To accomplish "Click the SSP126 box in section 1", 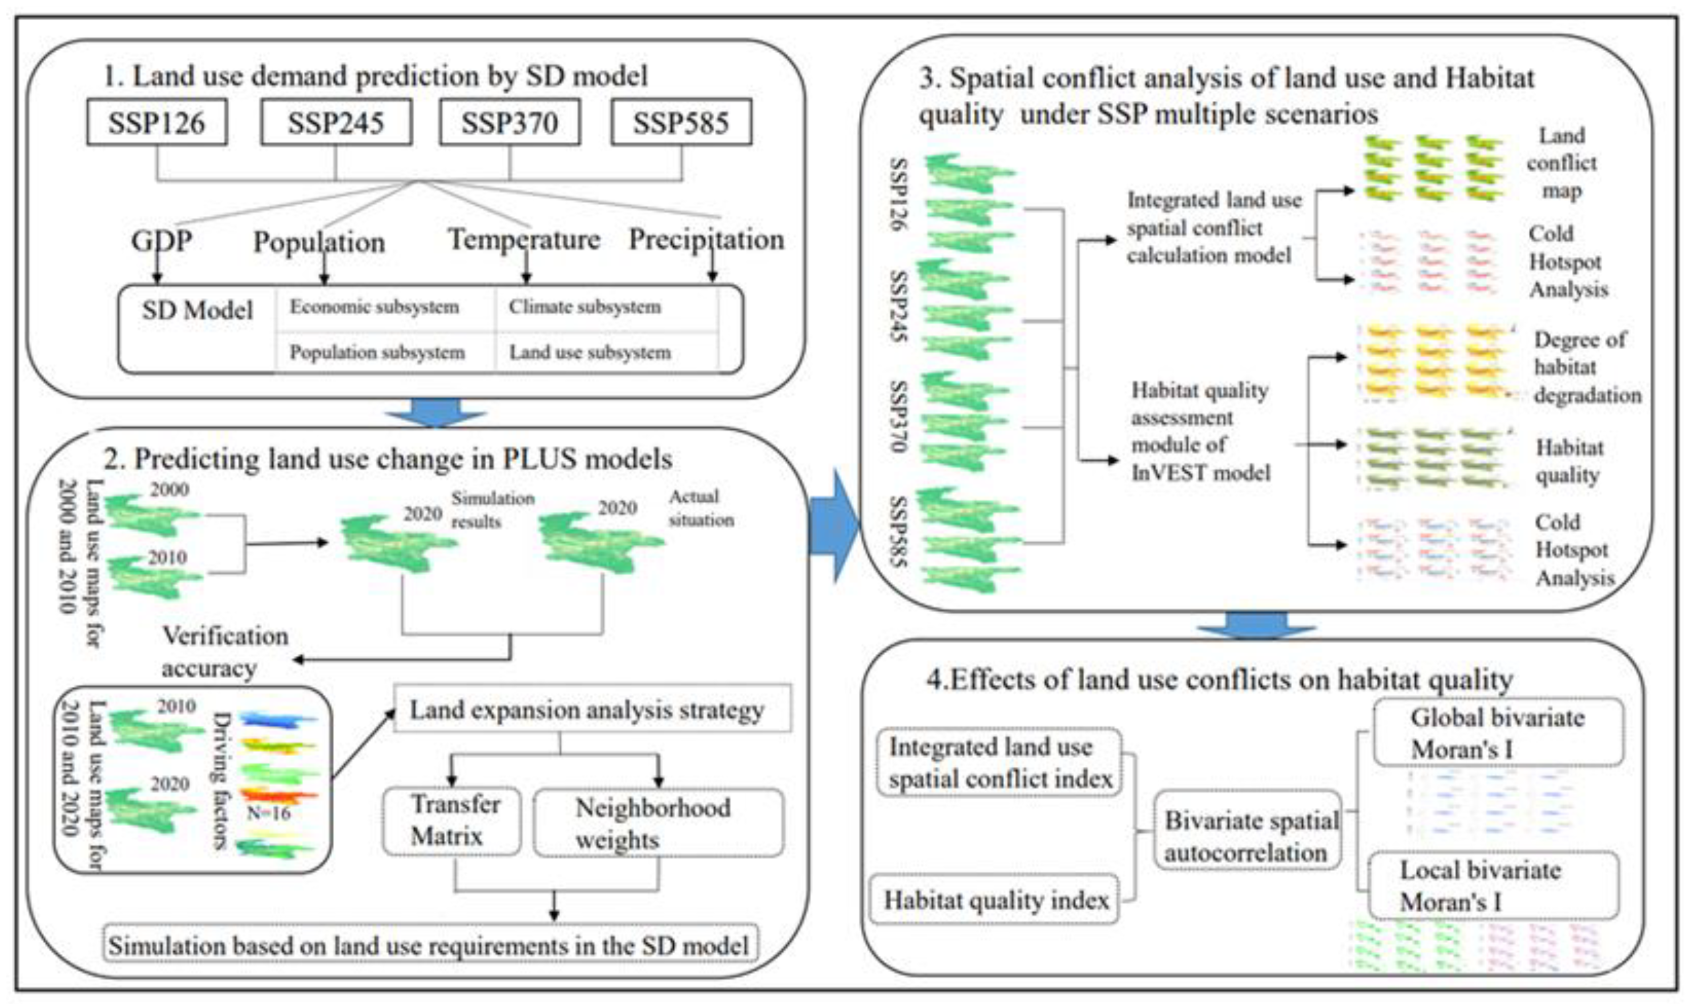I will [156, 123].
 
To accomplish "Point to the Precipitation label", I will [706, 239].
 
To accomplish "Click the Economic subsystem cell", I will [374, 307].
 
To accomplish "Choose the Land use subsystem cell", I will [590, 352].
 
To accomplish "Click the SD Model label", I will [197, 310].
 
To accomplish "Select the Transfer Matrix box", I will [452, 821].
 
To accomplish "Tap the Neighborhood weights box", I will [657, 823].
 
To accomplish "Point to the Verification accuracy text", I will [224, 652].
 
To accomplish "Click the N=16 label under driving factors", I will [269, 813].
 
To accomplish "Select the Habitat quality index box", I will [994, 901].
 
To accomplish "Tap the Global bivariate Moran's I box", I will [1497, 733].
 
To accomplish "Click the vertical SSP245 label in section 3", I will [898, 306].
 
